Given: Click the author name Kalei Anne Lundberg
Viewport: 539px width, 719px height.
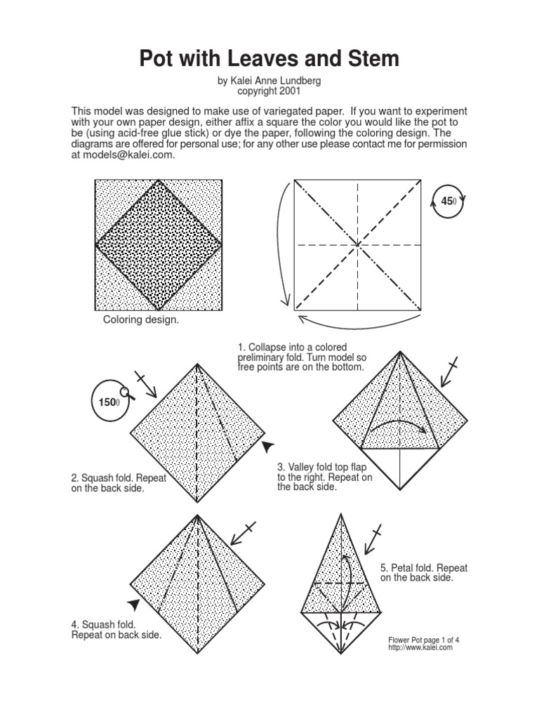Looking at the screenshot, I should pos(269,81).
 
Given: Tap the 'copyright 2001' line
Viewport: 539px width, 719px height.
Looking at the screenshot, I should pos(269,91).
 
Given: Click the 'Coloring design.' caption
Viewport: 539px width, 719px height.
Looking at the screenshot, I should pos(141,320).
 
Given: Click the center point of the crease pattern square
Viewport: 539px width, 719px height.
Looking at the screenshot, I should pos(358,245).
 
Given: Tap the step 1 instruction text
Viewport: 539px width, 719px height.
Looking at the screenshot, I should pos(302,357).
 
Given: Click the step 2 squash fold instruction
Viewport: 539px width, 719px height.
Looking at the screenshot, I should pos(119,483).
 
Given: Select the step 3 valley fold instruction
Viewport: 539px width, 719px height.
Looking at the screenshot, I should pos(324,477).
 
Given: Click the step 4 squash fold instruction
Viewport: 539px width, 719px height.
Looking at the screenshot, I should pos(116,629).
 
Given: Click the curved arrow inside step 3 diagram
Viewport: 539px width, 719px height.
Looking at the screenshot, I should pos(400,425).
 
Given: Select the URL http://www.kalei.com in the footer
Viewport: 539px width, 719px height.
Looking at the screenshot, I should pos(420,648).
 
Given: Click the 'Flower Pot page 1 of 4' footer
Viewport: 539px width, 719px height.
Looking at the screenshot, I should pos(427,640).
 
